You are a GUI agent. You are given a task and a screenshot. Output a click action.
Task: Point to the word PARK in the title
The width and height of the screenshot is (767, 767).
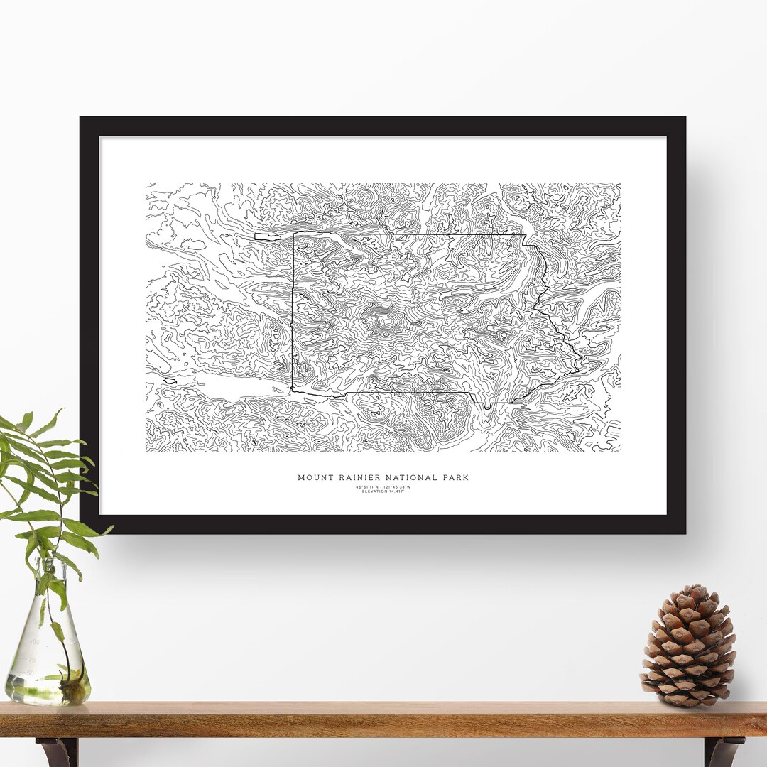pyautogui.click(x=455, y=478)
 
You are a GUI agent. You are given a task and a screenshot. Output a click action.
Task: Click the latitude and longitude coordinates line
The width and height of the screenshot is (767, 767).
pyautogui.click(x=383, y=486)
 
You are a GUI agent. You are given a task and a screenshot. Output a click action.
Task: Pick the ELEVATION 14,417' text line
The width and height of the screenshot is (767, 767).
pyautogui.click(x=383, y=491)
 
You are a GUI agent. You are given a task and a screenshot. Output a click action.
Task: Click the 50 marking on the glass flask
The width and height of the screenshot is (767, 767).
pyautogui.click(x=31, y=673)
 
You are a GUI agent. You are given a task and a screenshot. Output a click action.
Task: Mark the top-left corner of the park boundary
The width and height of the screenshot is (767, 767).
pyautogui.click(x=293, y=234)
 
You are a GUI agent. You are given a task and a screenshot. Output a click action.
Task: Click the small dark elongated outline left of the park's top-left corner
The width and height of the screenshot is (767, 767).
pyautogui.click(x=268, y=236)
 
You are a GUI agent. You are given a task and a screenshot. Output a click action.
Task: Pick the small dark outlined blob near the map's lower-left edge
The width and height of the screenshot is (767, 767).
pyautogui.click(x=170, y=381)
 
